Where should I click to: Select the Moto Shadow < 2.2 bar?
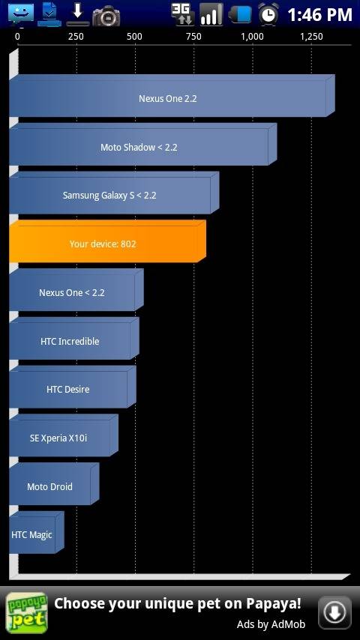click(x=143, y=144)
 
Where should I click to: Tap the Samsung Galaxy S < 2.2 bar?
click(x=114, y=193)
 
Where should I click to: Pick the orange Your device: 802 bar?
click(x=107, y=241)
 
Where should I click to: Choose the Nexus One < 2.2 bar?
click(x=76, y=290)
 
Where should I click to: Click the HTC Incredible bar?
click(x=74, y=339)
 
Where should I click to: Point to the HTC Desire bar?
click(x=72, y=387)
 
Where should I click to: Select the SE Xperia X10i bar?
click(x=64, y=435)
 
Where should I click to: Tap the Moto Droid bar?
click(x=54, y=484)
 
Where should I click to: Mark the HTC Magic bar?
click(x=36, y=533)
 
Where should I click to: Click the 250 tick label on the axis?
click(x=76, y=37)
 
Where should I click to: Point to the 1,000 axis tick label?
click(x=252, y=37)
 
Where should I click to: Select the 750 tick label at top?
click(x=193, y=37)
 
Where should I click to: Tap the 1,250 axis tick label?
click(x=311, y=37)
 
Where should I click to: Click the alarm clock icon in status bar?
click(x=268, y=14)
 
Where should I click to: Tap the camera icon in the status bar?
click(x=106, y=16)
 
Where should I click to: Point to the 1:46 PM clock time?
click(x=320, y=15)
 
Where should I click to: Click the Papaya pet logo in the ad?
click(x=26, y=613)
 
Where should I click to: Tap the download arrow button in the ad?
click(x=334, y=612)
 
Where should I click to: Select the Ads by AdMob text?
click(x=271, y=624)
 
